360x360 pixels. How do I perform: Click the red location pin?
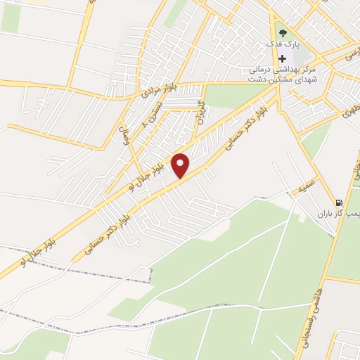point(181,165)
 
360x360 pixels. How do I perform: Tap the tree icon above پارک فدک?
point(282,32)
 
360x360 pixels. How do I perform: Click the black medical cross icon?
point(282,58)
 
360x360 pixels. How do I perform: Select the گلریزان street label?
point(200,110)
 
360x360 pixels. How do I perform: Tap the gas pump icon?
point(340,200)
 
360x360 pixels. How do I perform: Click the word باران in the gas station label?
point(322,213)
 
